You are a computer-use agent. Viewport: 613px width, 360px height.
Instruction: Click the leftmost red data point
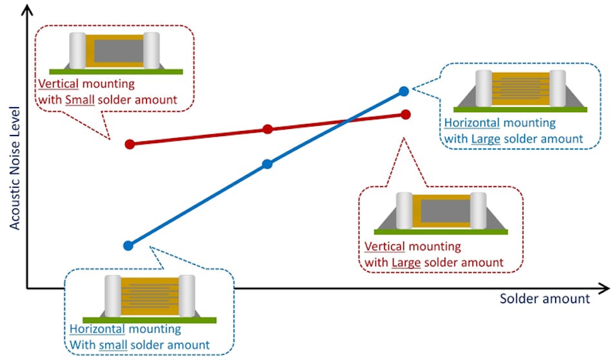coord(129,144)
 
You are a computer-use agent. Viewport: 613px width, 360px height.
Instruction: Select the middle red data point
coord(268,130)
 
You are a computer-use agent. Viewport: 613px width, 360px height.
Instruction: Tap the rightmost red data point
coord(405,114)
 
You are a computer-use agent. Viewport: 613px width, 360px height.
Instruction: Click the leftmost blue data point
coord(128,245)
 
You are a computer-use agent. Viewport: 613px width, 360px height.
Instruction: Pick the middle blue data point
coord(268,164)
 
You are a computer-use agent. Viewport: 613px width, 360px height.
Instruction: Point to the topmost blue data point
coord(404,91)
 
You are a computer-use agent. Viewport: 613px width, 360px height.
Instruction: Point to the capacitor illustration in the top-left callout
coord(114,52)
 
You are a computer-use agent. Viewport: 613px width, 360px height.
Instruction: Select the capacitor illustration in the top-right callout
coord(520,90)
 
